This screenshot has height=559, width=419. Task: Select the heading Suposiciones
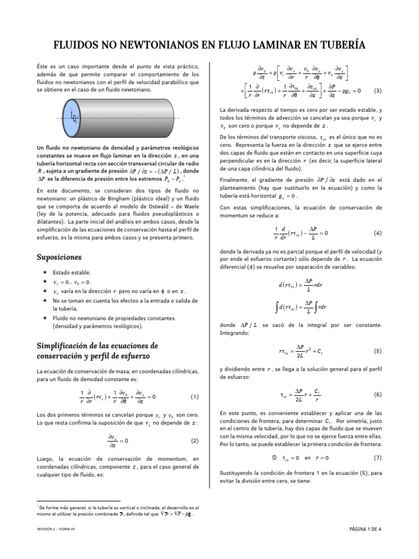[59, 257]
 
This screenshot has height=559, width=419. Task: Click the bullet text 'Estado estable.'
[72, 272]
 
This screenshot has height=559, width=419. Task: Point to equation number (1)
[195, 396]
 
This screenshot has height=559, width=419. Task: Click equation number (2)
[195, 441]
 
